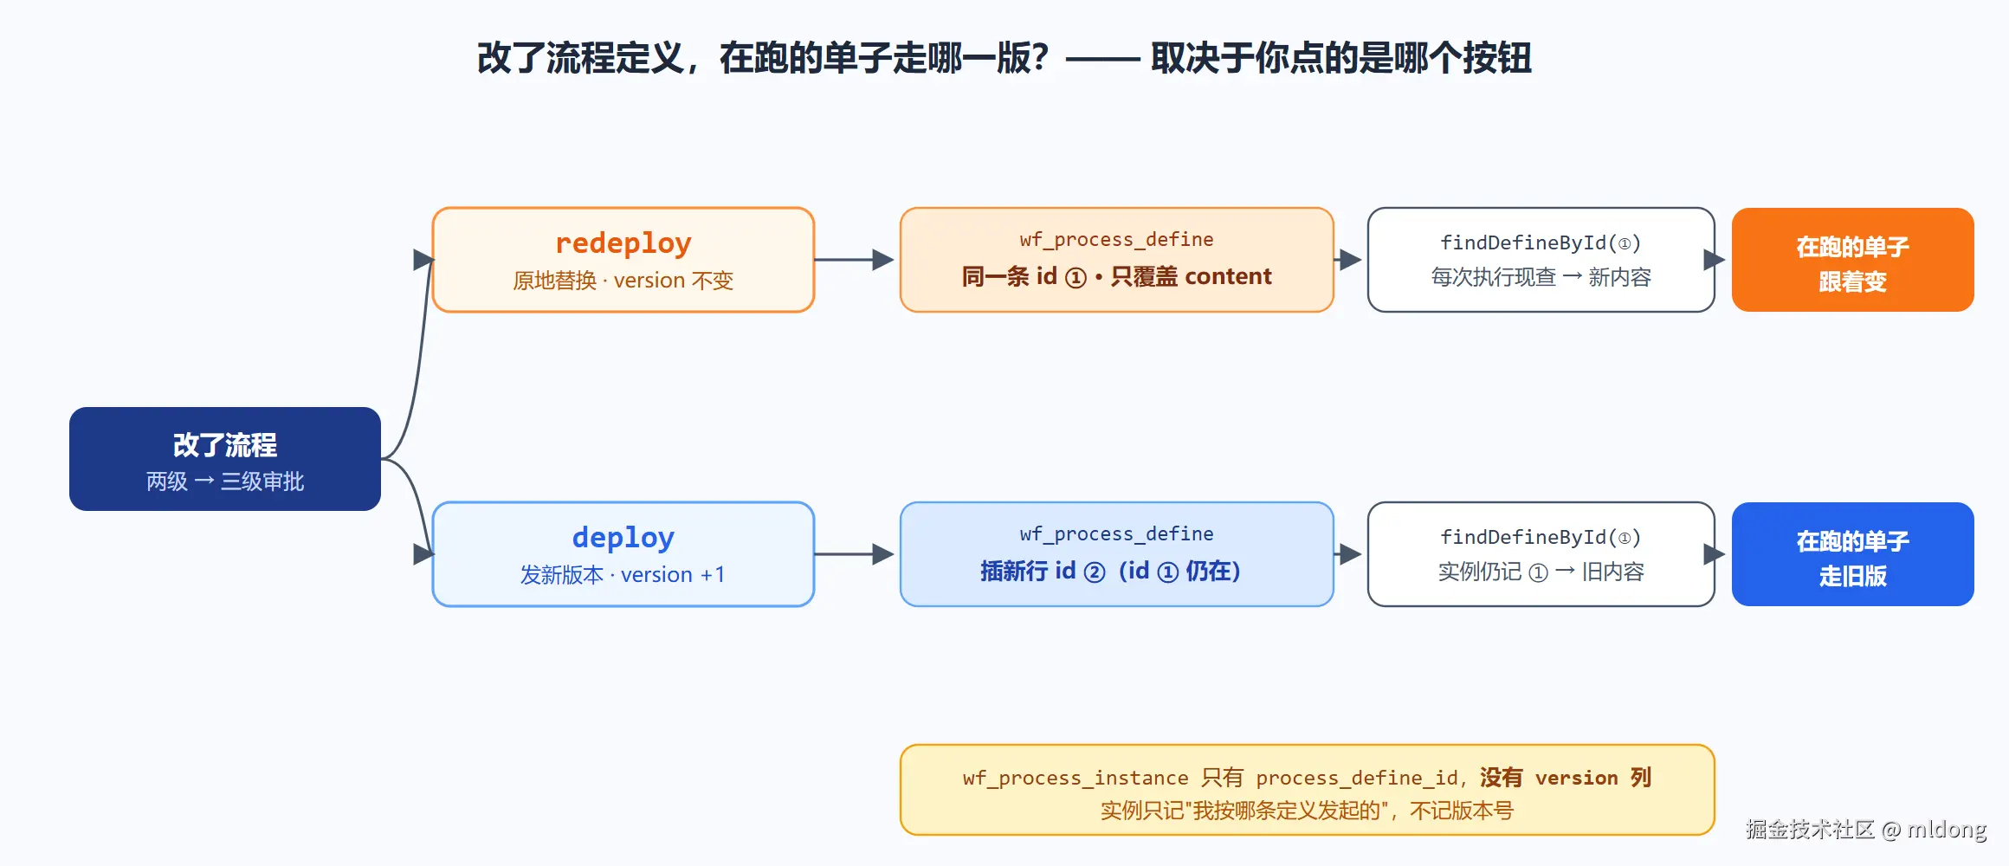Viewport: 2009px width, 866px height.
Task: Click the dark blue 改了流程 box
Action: [x=225, y=459]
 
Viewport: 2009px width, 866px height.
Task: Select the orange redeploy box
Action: [x=623, y=260]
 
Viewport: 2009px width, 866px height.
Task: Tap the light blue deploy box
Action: [x=623, y=554]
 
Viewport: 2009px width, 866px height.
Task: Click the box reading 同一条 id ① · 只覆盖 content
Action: [x=1117, y=260]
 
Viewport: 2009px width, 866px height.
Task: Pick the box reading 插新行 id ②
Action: [x=1117, y=554]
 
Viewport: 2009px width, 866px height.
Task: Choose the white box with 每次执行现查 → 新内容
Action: [x=1541, y=260]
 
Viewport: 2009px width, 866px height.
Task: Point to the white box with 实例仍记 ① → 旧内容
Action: [x=1541, y=554]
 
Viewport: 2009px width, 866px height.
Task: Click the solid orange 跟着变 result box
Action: [x=1853, y=260]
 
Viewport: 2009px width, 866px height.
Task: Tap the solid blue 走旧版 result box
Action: [x=1853, y=554]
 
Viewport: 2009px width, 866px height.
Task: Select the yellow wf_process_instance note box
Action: [x=1308, y=790]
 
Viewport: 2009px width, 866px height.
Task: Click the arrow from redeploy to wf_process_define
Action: [x=854, y=260]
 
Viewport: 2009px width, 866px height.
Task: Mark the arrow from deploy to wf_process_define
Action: [x=854, y=554]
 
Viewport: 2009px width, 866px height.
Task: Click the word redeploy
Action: [x=623, y=243]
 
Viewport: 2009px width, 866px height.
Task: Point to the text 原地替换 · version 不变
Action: [x=623, y=281]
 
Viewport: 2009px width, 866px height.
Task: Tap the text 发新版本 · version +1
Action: [x=623, y=575]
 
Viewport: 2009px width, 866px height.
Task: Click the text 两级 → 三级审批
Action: [x=225, y=481]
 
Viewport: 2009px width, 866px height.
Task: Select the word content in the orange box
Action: [x=1228, y=276]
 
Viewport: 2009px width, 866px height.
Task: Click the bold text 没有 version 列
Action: [x=1566, y=778]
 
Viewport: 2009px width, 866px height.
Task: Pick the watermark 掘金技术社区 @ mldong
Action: [x=1866, y=830]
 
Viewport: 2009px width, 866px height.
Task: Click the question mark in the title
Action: [x=1040, y=59]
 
